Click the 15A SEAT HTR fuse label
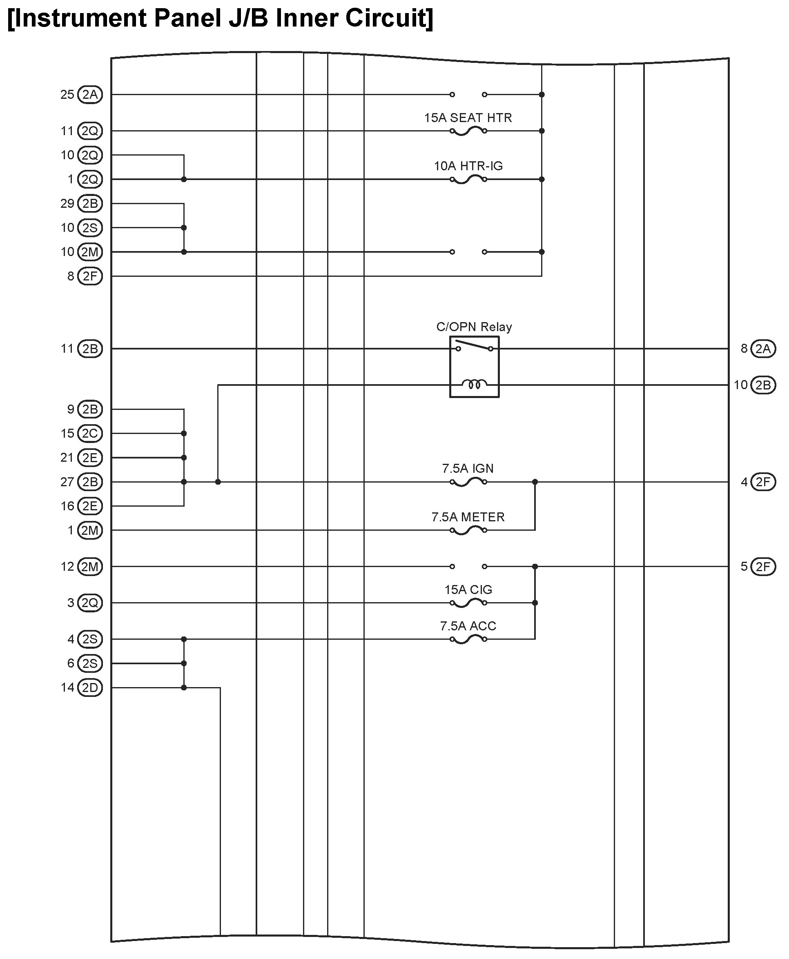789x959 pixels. (468, 118)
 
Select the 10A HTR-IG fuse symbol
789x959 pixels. (468, 180)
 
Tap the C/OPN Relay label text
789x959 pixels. (474, 327)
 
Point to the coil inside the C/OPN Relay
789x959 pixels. (474, 385)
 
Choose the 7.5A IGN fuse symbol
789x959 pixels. (468, 482)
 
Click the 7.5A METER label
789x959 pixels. (468, 517)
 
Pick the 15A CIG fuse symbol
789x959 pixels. (468, 603)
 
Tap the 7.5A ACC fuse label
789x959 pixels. (468, 626)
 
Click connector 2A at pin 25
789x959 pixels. (90, 94)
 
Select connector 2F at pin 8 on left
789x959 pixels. (90, 276)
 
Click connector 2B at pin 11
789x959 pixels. (90, 349)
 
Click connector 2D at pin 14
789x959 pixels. (90, 688)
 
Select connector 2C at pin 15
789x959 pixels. (90, 434)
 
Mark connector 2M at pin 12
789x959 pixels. (90, 567)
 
